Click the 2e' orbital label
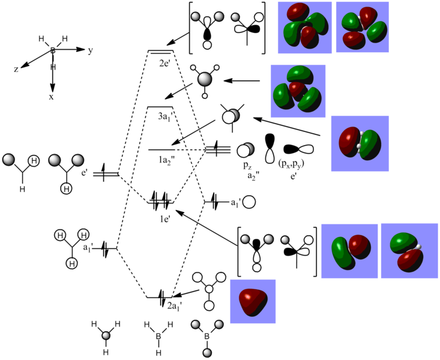(164, 64)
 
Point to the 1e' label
(165, 219)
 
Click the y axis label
(90, 51)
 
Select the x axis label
(51, 97)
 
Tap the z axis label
(16, 70)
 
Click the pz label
(247, 166)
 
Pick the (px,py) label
(291, 164)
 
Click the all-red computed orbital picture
(253, 301)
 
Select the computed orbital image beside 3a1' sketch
(298, 91)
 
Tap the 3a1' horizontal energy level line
(160, 107)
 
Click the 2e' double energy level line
(160, 52)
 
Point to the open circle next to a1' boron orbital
(249, 202)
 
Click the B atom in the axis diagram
(53, 50)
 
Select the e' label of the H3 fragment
(85, 173)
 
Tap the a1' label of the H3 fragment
(87, 248)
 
